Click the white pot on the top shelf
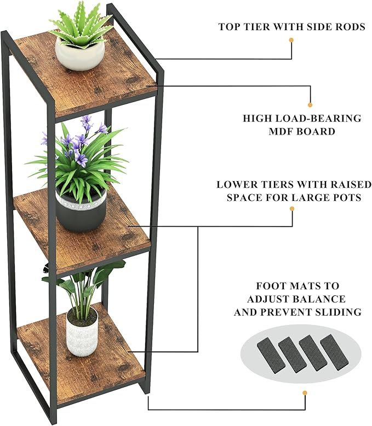(80, 55)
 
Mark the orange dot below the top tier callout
(291, 40)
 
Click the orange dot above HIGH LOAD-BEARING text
(310, 104)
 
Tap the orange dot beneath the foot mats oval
(305, 393)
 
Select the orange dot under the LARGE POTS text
(291, 209)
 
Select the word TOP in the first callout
(230, 26)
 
